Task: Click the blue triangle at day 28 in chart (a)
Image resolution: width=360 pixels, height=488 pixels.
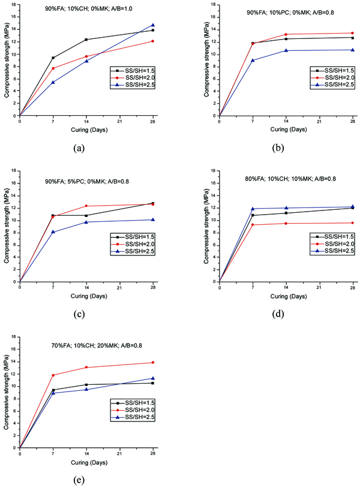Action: click(x=152, y=25)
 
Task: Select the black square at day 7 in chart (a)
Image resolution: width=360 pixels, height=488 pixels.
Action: click(x=53, y=58)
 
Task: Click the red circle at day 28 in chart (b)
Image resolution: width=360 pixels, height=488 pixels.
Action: click(x=352, y=33)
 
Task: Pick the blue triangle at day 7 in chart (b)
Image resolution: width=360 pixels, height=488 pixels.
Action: click(x=253, y=60)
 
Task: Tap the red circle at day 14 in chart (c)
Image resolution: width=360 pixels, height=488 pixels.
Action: click(x=86, y=206)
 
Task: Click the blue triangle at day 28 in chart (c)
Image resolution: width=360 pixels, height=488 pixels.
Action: click(x=152, y=219)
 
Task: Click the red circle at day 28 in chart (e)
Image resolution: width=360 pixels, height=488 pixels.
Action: click(x=152, y=362)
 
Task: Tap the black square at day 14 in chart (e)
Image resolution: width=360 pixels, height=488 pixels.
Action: click(x=86, y=384)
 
